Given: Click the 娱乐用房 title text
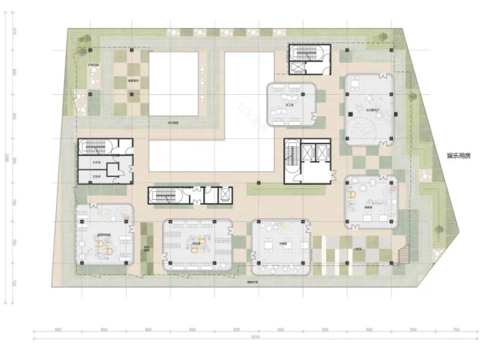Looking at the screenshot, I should (459, 156).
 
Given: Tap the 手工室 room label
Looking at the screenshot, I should (285, 103).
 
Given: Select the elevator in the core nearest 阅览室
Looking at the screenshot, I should (224, 196).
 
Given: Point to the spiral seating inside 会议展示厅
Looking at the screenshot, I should (364, 131).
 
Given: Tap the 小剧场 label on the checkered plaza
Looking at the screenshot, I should (358, 249).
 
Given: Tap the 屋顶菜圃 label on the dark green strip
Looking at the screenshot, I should (146, 248).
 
